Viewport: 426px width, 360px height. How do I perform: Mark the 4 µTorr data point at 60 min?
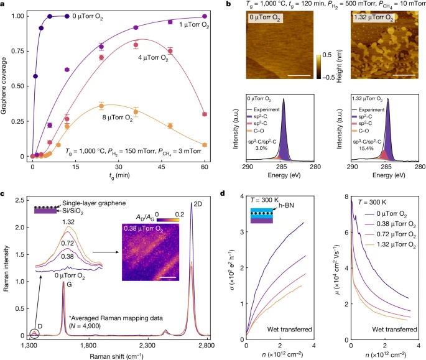pyautogui.click(x=205, y=114)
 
